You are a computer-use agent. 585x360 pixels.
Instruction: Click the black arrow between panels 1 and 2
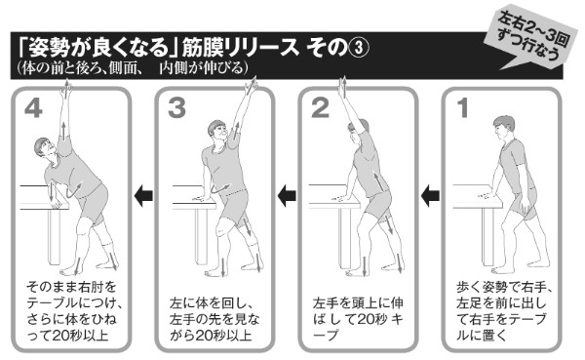click(429, 197)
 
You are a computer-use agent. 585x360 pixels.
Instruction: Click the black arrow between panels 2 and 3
click(287, 197)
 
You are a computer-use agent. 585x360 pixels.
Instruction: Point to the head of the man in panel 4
click(40, 149)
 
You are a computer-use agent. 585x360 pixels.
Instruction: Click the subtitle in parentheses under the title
click(132, 67)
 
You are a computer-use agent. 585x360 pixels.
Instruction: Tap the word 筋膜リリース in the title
click(240, 47)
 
